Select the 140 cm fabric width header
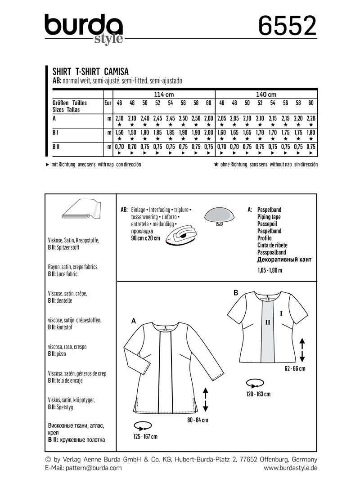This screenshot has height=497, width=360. [x=266, y=94]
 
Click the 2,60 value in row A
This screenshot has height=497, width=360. [x=208, y=118]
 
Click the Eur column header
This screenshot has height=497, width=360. [x=108, y=103]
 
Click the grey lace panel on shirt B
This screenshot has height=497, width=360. [x=268, y=333]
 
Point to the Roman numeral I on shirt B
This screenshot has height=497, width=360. [x=281, y=312]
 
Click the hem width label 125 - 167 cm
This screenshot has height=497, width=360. [x=145, y=437]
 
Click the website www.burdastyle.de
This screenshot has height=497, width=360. [x=291, y=468]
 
